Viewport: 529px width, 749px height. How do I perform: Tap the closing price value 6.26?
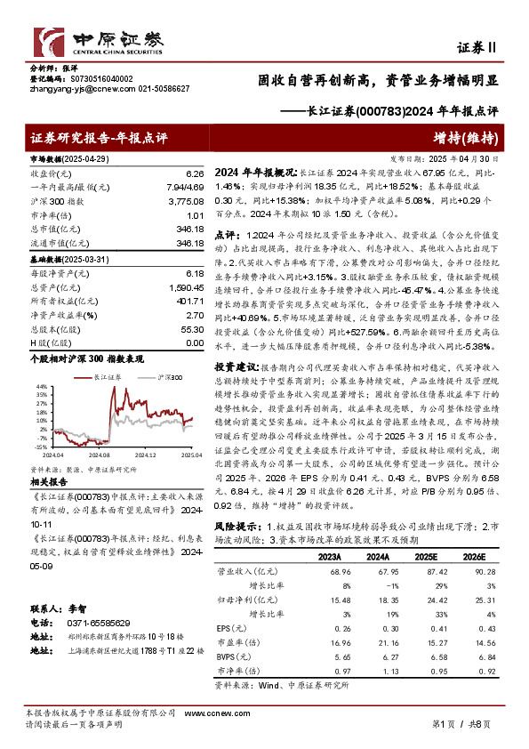pos(196,174)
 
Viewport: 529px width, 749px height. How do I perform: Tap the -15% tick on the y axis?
pos(41,446)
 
